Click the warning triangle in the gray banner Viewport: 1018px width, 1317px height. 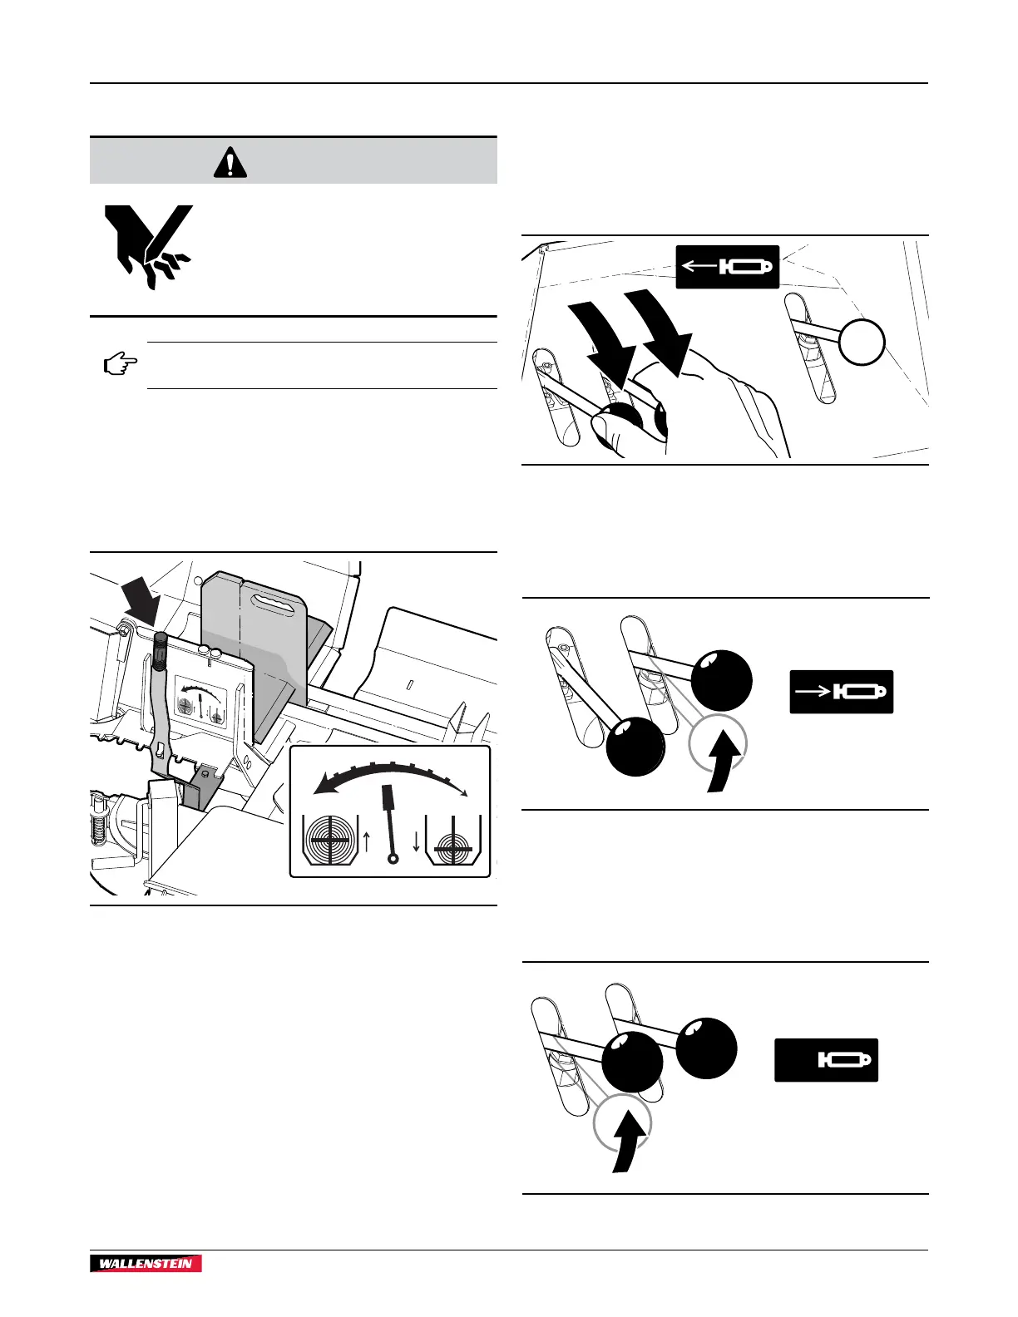[230, 162]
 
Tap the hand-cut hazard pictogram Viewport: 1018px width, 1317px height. [147, 246]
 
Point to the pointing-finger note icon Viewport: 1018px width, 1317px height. [120, 364]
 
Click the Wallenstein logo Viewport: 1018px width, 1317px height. [146, 1264]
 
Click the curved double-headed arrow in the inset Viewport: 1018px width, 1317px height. [391, 780]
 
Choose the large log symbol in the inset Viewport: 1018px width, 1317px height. [330, 841]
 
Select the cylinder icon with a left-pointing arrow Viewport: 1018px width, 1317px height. [727, 267]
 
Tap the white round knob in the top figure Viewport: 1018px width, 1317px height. [861, 342]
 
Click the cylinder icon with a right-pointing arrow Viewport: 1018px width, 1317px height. [841, 692]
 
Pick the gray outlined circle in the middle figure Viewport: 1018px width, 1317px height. [717, 742]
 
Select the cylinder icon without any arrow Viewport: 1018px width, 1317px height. [826, 1060]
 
